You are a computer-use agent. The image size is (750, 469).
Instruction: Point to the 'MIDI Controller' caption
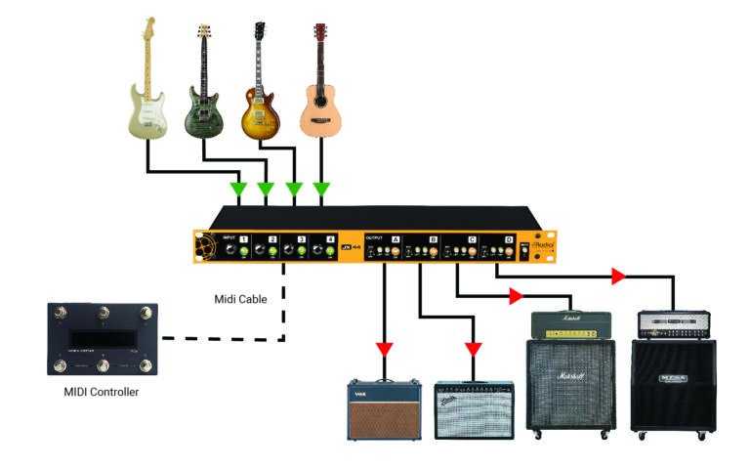click(x=103, y=393)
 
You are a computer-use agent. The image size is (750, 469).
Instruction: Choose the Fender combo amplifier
click(x=474, y=409)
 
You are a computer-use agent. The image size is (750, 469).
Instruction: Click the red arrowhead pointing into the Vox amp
click(x=385, y=349)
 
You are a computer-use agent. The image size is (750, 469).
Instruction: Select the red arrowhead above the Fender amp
click(x=474, y=349)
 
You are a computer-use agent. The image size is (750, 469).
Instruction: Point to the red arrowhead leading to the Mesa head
click(x=617, y=277)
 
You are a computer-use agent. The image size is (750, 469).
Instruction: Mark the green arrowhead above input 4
click(x=322, y=189)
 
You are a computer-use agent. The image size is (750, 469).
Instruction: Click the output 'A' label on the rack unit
click(x=396, y=238)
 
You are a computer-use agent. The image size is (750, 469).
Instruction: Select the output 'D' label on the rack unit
click(x=508, y=238)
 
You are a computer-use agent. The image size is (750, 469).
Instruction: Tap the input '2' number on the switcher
click(x=272, y=238)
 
